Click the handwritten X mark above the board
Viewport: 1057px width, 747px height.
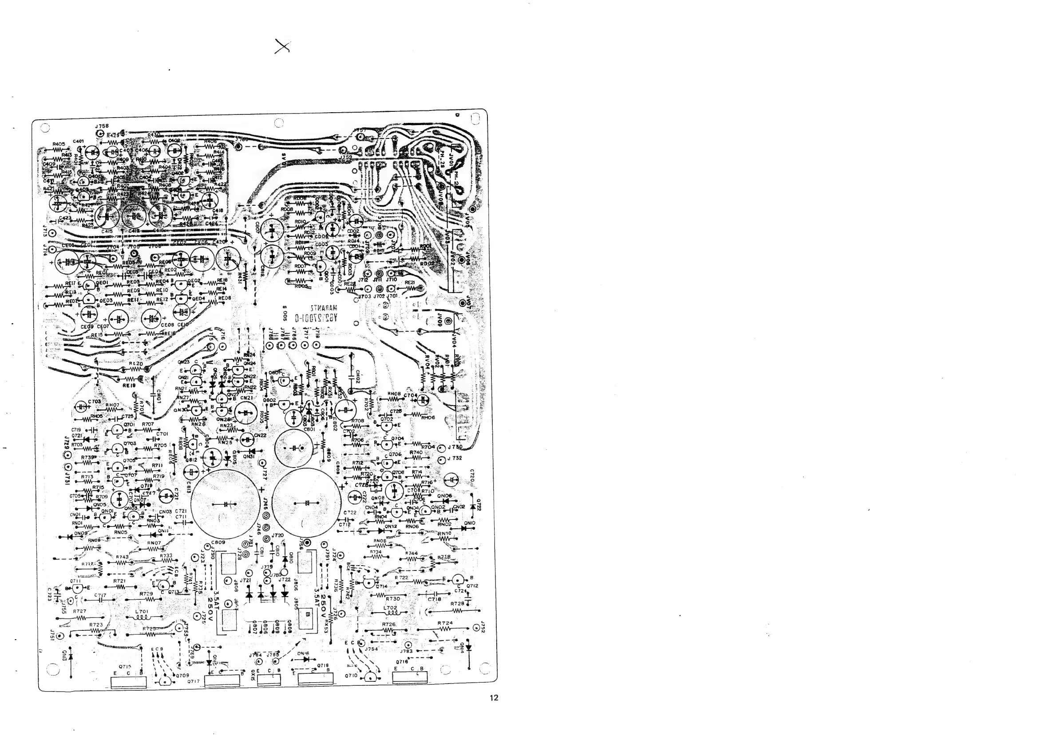pyautogui.click(x=282, y=47)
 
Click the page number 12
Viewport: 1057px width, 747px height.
pyautogui.click(x=494, y=698)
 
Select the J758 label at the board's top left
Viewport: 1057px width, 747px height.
pyautogui.click(x=102, y=126)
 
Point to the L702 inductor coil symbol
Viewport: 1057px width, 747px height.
pyautogui.click(x=390, y=613)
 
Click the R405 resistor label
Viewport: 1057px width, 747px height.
pyautogui.click(x=59, y=144)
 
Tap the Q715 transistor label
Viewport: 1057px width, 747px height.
pyautogui.click(x=125, y=666)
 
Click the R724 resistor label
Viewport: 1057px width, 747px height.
pyautogui.click(x=445, y=623)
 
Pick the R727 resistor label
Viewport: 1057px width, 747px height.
pyautogui.click(x=79, y=611)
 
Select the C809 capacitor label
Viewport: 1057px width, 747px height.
pyautogui.click(x=218, y=543)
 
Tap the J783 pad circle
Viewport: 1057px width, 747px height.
pyautogui.click(x=407, y=645)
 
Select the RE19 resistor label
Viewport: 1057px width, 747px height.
pyautogui.click(x=129, y=386)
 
